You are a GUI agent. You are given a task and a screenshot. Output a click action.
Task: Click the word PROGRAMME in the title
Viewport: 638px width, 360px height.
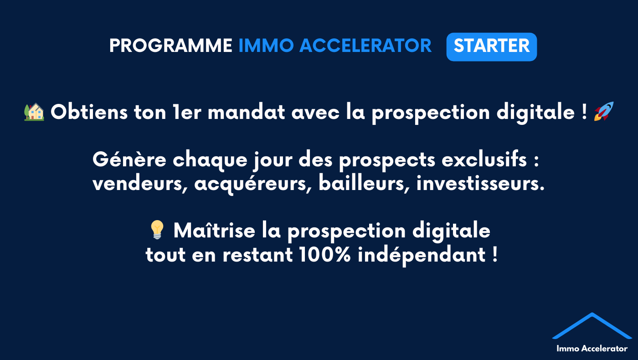(x=171, y=46)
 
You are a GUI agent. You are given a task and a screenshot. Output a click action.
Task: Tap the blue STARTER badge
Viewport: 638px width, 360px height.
(x=492, y=46)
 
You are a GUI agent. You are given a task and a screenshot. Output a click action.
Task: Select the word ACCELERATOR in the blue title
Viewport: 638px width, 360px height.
(x=365, y=46)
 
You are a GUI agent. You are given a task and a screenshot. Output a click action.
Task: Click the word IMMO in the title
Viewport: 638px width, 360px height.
(x=266, y=46)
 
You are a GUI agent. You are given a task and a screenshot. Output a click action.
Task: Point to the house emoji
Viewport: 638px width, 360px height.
(x=34, y=112)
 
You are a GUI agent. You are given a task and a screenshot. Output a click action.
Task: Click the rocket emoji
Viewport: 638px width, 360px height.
(x=603, y=111)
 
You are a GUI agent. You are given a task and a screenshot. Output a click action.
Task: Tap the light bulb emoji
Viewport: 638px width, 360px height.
(x=157, y=230)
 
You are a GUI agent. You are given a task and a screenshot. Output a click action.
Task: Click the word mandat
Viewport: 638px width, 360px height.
(x=247, y=112)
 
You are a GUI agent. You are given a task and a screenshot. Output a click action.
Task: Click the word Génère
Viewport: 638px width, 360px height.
(x=129, y=159)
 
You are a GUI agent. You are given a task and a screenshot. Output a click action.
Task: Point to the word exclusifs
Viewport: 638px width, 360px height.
(x=484, y=159)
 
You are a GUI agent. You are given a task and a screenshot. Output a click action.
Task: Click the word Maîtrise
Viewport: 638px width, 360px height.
(x=215, y=230)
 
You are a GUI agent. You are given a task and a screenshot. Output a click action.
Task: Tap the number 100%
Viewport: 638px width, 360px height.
(x=325, y=254)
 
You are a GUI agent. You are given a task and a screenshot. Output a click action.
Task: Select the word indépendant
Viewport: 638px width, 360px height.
(x=422, y=255)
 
